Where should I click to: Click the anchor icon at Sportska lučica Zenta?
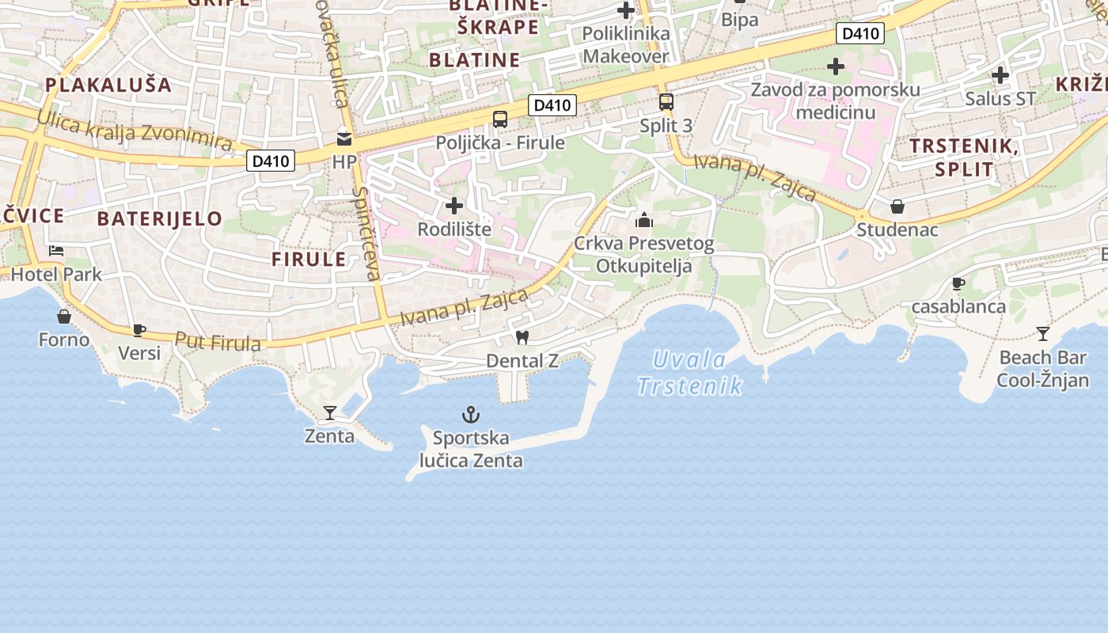471,414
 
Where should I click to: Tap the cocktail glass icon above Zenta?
330,412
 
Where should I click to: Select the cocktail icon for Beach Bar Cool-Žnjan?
1043,333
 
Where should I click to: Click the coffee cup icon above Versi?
139,330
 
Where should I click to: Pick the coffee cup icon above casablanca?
958,283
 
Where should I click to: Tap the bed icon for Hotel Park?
56,251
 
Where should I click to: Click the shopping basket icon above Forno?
64,316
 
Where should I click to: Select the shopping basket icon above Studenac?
897,207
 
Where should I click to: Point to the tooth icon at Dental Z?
522,337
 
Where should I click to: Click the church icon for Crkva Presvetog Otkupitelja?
644,219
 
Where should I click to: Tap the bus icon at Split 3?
666,102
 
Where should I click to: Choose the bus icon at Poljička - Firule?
500,119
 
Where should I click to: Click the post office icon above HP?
344,138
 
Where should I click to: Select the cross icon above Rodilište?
454,207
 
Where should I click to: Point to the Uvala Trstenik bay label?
690,373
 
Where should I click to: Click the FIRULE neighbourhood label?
309,259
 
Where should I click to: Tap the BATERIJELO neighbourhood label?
160,219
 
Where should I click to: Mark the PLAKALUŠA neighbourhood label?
108,85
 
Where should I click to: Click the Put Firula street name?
218,342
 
